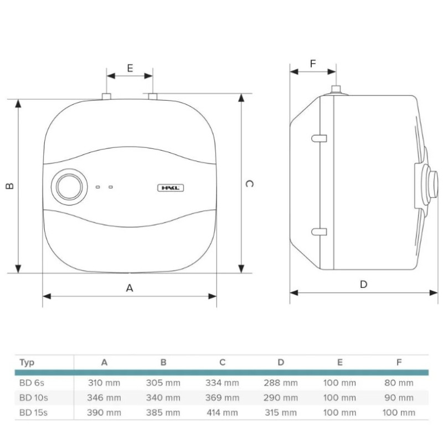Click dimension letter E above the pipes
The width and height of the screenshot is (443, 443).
[130, 68]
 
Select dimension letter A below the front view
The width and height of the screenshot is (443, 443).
[130, 287]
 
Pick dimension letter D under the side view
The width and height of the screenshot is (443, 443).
[363, 285]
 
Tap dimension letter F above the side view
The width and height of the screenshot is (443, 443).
[313, 64]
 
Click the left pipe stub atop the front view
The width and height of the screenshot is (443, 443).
[106, 97]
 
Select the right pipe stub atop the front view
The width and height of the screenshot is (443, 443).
[153, 97]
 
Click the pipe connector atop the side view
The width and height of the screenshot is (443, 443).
[335, 90]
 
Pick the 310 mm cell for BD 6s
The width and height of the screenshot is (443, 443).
[104, 383]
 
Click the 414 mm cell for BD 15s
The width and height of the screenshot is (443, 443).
[222, 413]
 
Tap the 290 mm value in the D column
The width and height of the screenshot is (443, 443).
[281, 398]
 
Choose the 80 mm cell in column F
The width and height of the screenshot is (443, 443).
[399, 383]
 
